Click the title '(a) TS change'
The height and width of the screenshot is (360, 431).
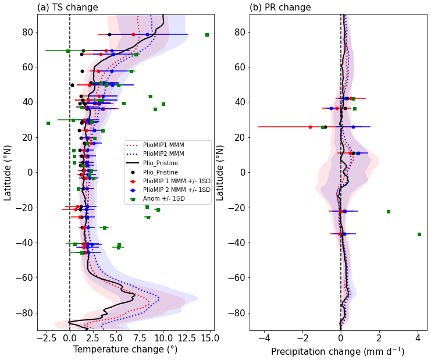[67, 8]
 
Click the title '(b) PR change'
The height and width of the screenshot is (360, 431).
[280, 8]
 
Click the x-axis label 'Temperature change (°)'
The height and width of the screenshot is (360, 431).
[125, 350]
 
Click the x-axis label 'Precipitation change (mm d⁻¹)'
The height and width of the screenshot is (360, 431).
[337, 351]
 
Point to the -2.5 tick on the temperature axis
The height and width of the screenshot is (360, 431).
[47, 337]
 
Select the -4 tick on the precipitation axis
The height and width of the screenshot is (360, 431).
[265, 337]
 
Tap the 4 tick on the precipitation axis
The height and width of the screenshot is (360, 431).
[418, 337]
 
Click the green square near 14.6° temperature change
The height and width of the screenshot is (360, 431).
[207, 35]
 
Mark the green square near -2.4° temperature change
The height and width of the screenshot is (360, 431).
[48, 123]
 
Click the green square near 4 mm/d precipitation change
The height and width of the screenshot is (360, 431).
[419, 234]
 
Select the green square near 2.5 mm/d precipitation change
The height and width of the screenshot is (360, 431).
[389, 212]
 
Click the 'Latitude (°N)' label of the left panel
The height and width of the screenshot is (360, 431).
[8, 173]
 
